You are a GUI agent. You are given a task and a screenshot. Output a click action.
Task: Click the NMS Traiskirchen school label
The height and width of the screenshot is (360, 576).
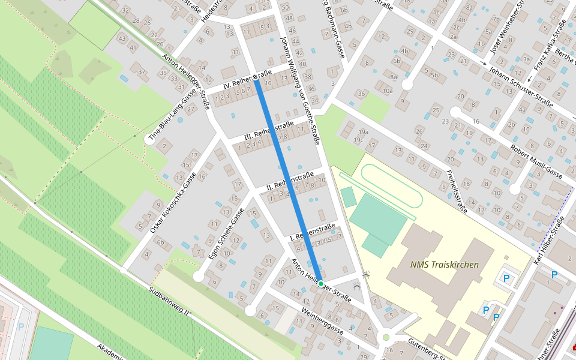click(x=445, y=265)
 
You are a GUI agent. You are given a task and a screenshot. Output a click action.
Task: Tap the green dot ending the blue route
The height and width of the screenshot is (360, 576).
click(x=321, y=283)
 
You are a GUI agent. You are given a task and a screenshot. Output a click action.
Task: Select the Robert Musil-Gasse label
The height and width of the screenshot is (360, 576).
click(x=536, y=161)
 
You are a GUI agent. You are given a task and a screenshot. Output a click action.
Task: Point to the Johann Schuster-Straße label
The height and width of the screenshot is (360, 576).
click(x=520, y=88)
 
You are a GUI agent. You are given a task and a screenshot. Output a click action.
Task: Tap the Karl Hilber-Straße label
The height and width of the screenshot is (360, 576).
click(x=548, y=239)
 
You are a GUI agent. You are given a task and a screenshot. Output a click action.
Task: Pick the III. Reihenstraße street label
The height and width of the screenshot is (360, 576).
click(x=269, y=131)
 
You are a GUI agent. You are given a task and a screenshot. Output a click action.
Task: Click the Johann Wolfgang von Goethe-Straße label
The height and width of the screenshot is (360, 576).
click(x=300, y=90)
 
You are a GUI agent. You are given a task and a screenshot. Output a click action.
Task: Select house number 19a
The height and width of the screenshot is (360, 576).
click(x=362, y=132)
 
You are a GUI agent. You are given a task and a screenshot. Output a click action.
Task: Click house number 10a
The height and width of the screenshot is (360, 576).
click(x=387, y=91)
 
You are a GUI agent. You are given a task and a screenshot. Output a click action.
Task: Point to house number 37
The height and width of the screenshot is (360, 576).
click(x=142, y=72)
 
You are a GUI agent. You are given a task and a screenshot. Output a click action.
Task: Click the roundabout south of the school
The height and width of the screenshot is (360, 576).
click(x=386, y=337)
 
